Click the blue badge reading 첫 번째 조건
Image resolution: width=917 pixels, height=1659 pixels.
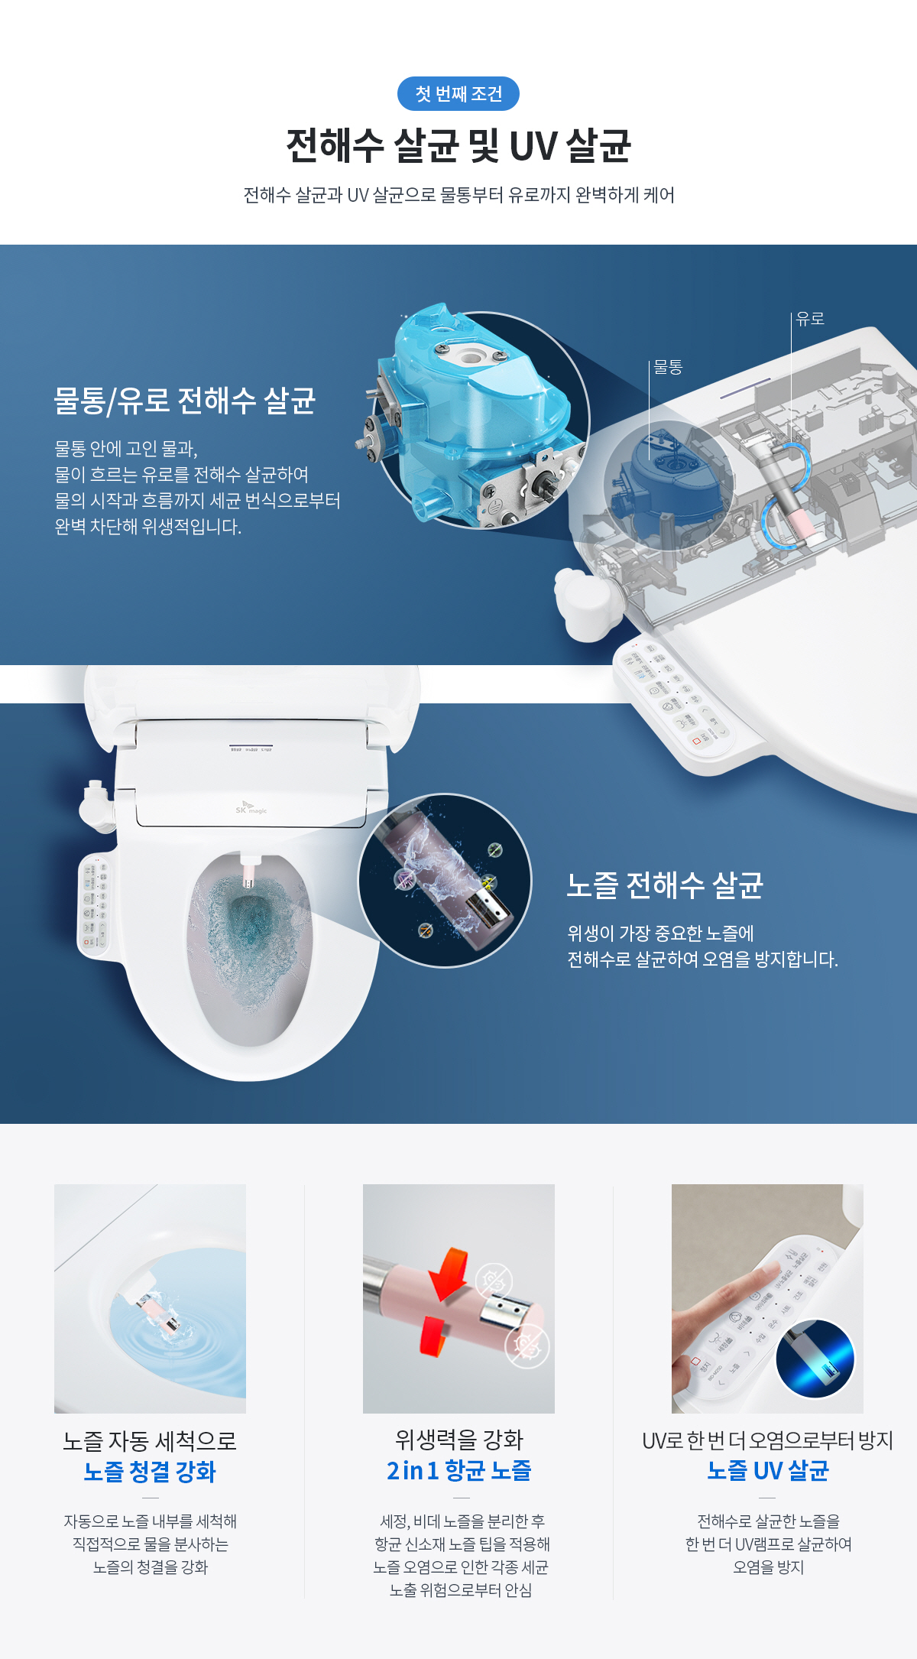pyautogui.click(x=458, y=94)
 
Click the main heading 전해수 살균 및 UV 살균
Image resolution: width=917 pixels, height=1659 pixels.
pyautogui.click(x=458, y=145)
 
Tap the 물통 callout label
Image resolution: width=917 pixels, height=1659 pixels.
pyautogui.click(x=668, y=367)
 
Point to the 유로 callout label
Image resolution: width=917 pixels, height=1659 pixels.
pyautogui.click(x=810, y=319)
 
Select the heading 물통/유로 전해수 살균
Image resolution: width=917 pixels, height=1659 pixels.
pyautogui.click(x=184, y=401)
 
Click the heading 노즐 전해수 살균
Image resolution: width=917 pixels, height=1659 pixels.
pyautogui.click(x=665, y=885)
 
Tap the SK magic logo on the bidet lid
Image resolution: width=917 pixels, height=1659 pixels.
pyautogui.click(x=251, y=810)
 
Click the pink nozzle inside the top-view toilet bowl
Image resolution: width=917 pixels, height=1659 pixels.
pyautogui.click(x=249, y=872)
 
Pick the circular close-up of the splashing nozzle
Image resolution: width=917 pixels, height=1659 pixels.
pyautogui.click(x=445, y=880)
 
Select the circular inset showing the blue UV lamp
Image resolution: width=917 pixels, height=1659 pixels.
pyautogui.click(x=815, y=1358)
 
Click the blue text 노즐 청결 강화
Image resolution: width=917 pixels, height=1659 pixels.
pyautogui.click(x=150, y=1472)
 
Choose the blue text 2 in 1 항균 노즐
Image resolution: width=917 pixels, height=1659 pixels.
pyautogui.click(x=458, y=1470)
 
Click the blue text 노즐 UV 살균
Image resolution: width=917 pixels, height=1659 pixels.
pyautogui.click(x=768, y=1470)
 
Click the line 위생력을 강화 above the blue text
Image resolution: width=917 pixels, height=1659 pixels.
pyautogui.click(x=458, y=1440)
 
